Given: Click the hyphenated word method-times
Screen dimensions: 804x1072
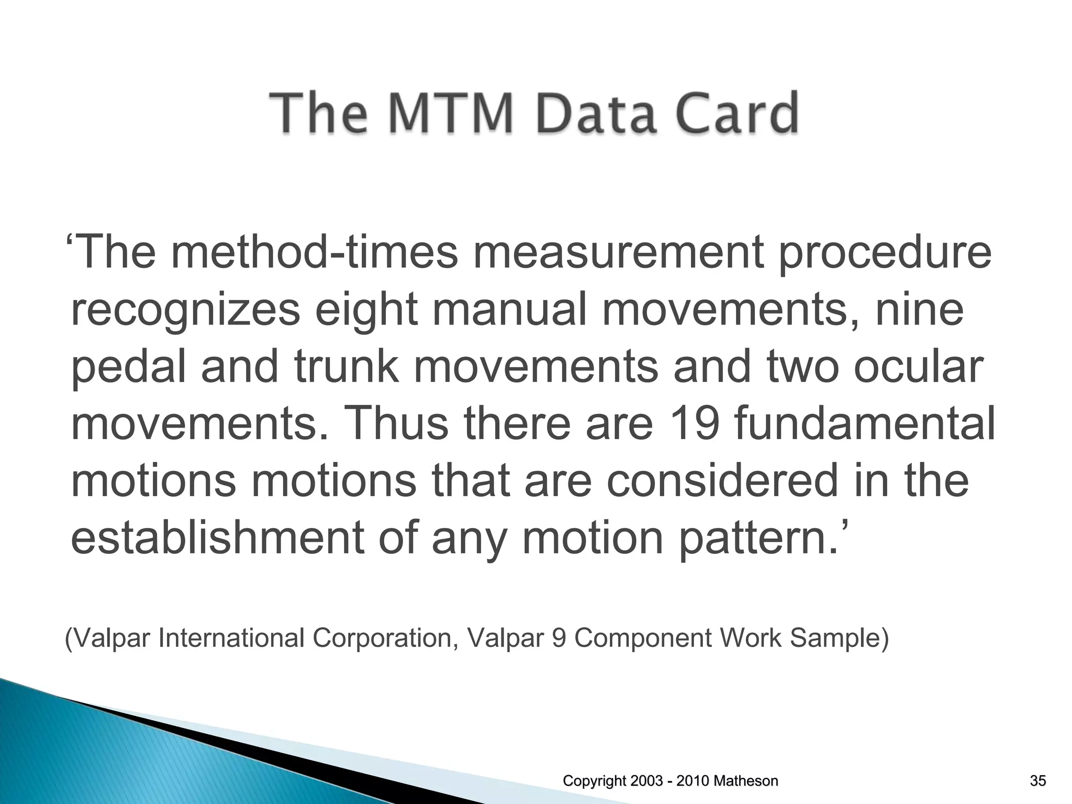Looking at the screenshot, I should [x=314, y=252].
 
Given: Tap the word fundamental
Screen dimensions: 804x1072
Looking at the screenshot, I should [x=864, y=424].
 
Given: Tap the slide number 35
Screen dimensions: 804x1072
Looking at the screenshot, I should [x=1037, y=781].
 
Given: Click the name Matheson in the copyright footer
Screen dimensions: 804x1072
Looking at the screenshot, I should [x=746, y=781].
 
